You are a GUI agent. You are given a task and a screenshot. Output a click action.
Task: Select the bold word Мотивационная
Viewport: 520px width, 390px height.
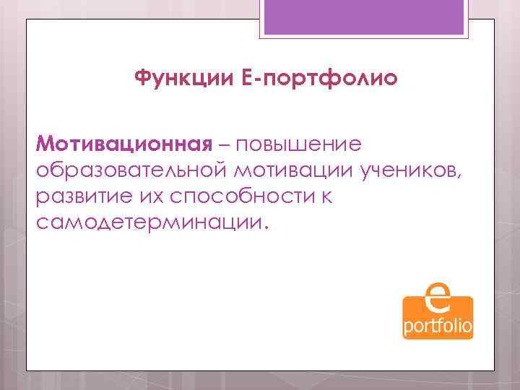[123, 143]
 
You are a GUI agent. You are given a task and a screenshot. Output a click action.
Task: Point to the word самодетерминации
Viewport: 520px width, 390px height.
[148, 221]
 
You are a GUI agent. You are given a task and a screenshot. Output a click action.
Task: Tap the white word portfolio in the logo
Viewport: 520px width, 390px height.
[438, 326]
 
